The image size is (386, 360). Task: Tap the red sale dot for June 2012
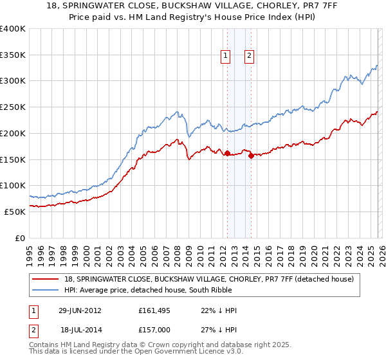coord(227,153)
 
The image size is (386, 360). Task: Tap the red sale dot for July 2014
coord(250,156)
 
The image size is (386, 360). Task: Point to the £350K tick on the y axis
coord(13,55)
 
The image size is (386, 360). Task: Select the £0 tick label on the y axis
coord(20,238)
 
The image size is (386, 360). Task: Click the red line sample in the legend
coord(46,279)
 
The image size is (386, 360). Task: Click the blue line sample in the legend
coord(46,290)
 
